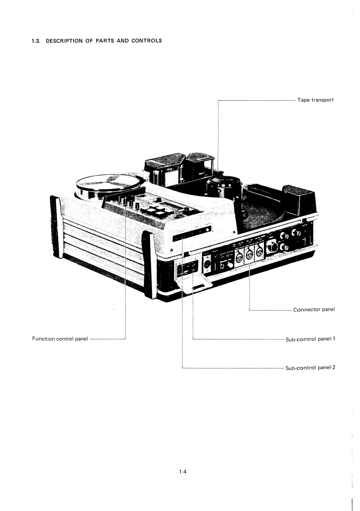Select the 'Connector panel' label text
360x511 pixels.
point(314,310)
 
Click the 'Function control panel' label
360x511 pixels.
point(56,339)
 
